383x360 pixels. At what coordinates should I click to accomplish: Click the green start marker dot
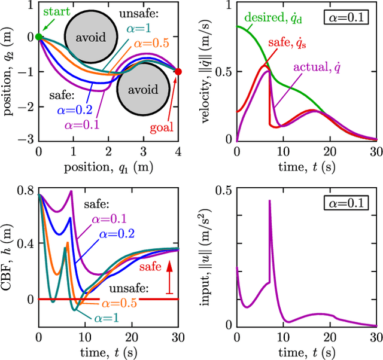pyautogui.click(x=39, y=36)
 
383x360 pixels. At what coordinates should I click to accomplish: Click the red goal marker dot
pyautogui.click(x=178, y=72)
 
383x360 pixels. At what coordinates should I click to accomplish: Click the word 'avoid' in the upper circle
pyautogui.click(x=90, y=37)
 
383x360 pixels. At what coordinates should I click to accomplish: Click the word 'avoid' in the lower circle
pyautogui.click(x=142, y=90)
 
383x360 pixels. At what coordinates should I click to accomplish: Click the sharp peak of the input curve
pyautogui.click(x=269, y=200)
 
